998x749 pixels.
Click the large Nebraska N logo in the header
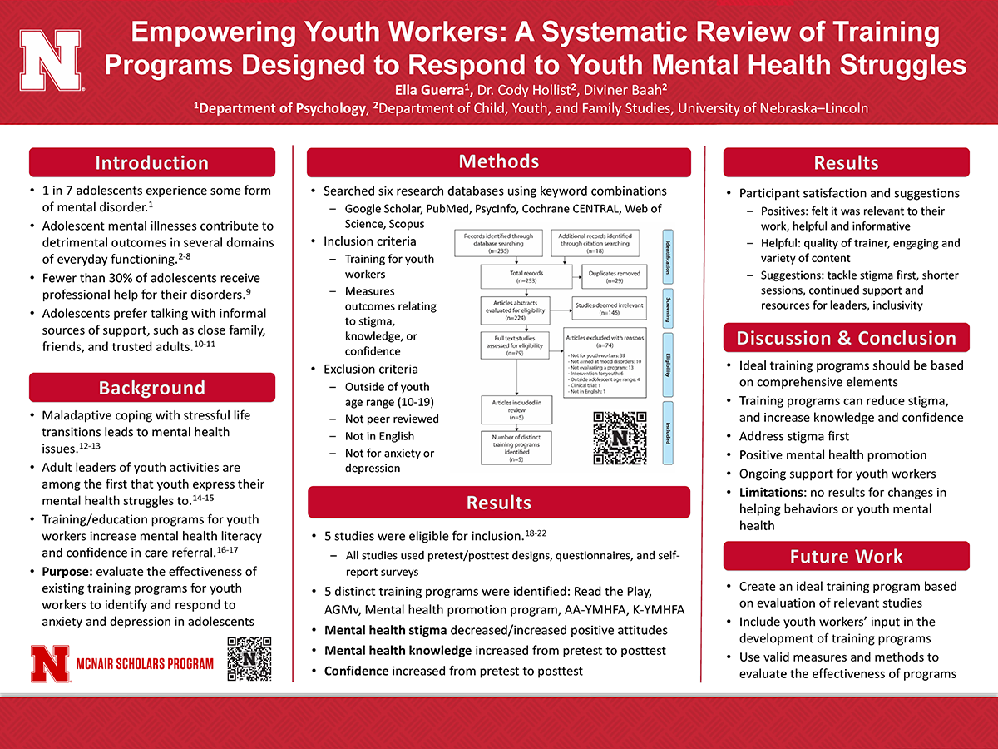(x=51, y=62)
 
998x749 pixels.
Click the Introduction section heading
(x=151, y=162)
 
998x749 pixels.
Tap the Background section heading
(x=151, y=388)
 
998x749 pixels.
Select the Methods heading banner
(x=498, y=161)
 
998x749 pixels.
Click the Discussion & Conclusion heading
(x=846, y=338)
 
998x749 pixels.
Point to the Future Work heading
(x=846, y=556)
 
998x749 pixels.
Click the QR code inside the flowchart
(x=618, y=438)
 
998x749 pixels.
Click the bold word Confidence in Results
(x=356, y=671)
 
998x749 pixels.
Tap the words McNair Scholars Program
(x=144, y=664)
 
